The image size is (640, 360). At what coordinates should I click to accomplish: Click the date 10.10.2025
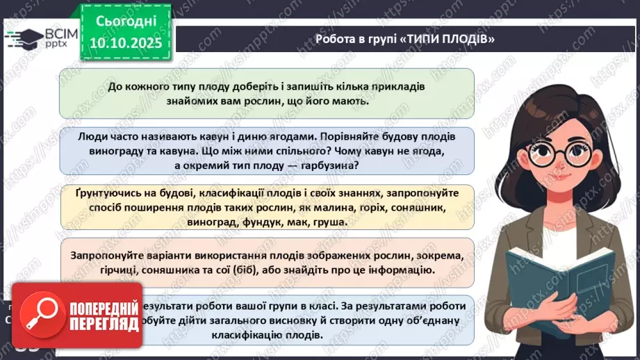tap(125, 42)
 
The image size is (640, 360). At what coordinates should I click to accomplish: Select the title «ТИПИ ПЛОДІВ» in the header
tap(449, 39)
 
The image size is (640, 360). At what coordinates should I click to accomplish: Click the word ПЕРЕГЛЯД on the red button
tap(101, 325)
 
